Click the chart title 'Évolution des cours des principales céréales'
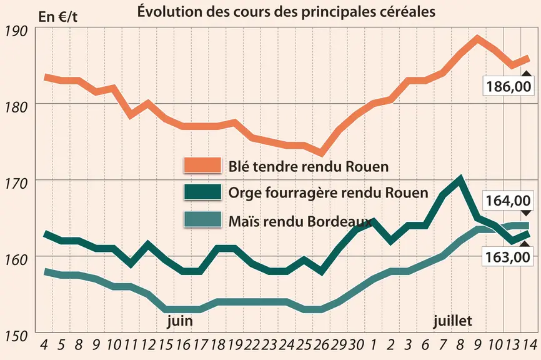pyautogui.click(x=286, y=11)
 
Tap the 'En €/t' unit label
pyautogui.click(x=58, y=16)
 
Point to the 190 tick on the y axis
pyautogui.click(x=16, y=31)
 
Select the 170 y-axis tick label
pyautogui.click(x=16, y=184)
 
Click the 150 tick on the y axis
pyautogui.click(x=16, y=336)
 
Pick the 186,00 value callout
pyautogui.click(x=509, y=86)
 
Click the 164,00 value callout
pyautogui.click(x=509, y=200)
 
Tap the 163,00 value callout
pyautogui.click(x=507, y=257)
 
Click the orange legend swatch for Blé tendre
pyautogui.click(x=202, y=165)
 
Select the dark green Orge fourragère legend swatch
pyautogui.click(x=202, y=192)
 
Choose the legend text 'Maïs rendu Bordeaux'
pyautogui.click(x=300, y=221)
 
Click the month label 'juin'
pyautogui.click(x=180, y=321)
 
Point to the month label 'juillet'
pyautogui.click(x=452, y=321)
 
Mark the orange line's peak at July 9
pyautogui.click(x=477, y=37)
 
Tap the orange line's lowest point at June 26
pyautogui.click(x=321, y=153)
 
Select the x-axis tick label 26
pyautogui.click(x=322, y=344)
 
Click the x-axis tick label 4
pyautogui.click(x=44, y=344)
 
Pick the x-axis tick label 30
pyautogui.click(x=357, y=344)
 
